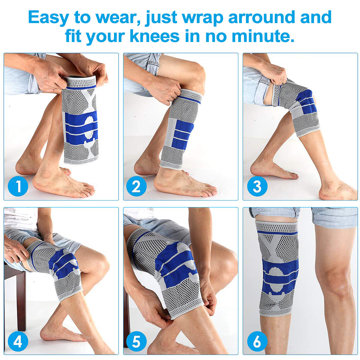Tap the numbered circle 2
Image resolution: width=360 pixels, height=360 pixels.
(136, 186)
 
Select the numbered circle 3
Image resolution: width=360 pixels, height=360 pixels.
(257, 186)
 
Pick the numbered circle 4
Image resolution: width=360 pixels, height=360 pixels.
(18, 341)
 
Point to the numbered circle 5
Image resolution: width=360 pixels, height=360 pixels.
(136, 341)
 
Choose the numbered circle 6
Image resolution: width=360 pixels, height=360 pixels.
(257, 341)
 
